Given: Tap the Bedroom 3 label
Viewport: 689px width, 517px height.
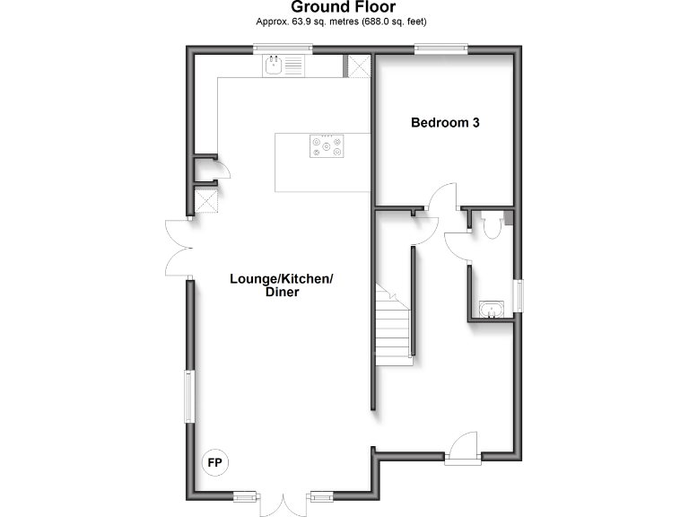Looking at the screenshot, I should tap(445, 123).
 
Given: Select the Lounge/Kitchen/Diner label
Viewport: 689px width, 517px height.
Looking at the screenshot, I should tap(282, 285).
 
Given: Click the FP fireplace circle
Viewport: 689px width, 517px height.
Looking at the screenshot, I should tap(215, 463).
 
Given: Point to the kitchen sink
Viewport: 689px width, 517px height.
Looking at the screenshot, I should tap(283, 65).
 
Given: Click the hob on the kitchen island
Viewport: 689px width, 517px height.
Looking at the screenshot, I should tap(326, 145).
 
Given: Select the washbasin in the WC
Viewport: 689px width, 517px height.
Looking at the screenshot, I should tap(491, 311).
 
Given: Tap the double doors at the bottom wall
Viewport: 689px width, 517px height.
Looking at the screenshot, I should tap(283, 504).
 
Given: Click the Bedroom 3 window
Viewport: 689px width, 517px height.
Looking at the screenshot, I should tap(440, 49).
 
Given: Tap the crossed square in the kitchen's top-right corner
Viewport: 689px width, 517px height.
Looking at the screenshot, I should tap(359, 66).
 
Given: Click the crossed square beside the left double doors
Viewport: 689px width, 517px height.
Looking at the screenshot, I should tap(208, 201).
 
